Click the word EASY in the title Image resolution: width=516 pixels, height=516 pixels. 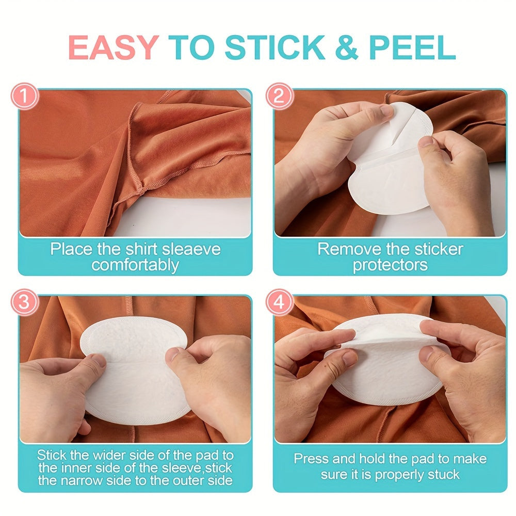click(114, 47)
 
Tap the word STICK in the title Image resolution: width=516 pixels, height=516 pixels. click(275, 47)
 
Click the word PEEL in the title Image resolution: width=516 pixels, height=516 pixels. click(412, 47)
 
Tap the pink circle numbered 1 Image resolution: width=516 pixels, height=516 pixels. click(25, 96)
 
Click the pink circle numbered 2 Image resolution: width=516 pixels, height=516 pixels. click(279, 96)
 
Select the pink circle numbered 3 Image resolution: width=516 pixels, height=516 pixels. click(25, 302)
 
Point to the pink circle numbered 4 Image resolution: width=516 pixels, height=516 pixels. click(279, 302)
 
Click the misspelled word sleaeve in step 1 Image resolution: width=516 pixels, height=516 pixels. click(191, 249)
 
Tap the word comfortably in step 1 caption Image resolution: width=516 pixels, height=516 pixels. click(135, 265)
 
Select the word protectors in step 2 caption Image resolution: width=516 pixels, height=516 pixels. click(390, 265)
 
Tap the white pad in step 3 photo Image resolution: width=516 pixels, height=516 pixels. click(135, 370)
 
